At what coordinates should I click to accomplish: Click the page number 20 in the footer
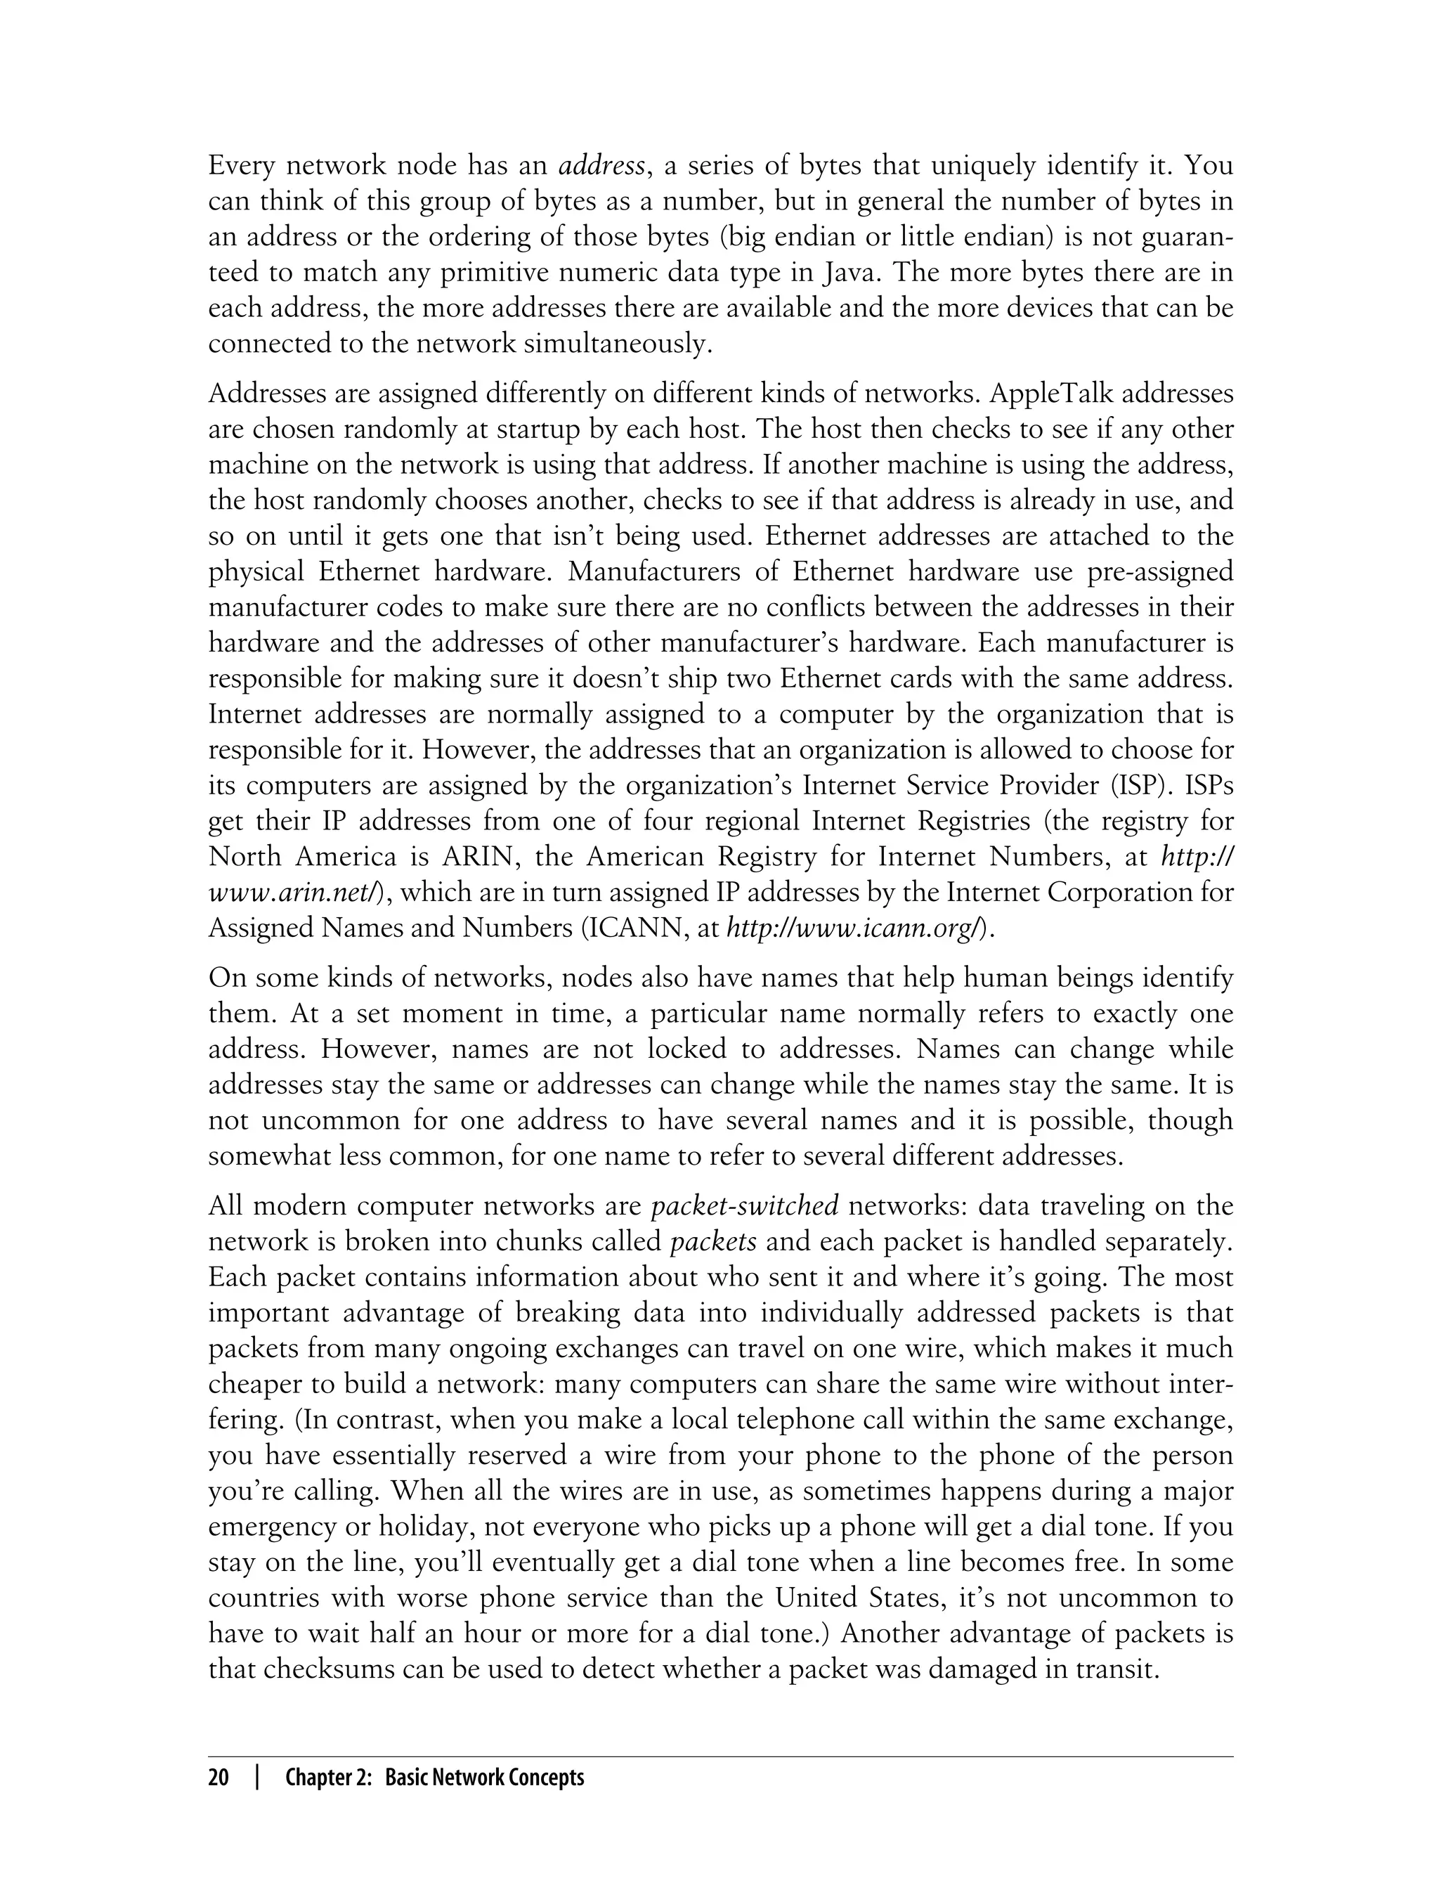[x=219, y=1777]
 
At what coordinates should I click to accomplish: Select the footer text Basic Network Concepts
[x=485, y=1777]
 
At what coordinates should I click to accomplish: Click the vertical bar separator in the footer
[x=257, y=1777]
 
